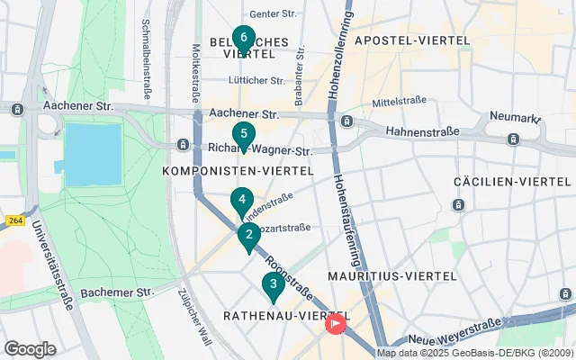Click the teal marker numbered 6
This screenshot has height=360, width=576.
(243, 39)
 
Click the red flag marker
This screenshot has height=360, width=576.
(336, 321)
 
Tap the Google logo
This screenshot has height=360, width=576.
(30, 348)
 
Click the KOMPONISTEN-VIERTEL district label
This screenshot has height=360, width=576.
(238, 170)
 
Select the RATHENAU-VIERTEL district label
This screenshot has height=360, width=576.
(273, 315)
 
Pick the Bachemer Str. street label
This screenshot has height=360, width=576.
(118, 292)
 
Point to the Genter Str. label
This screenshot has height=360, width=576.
(273, 14)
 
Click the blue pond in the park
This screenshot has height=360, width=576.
(93, 149)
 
